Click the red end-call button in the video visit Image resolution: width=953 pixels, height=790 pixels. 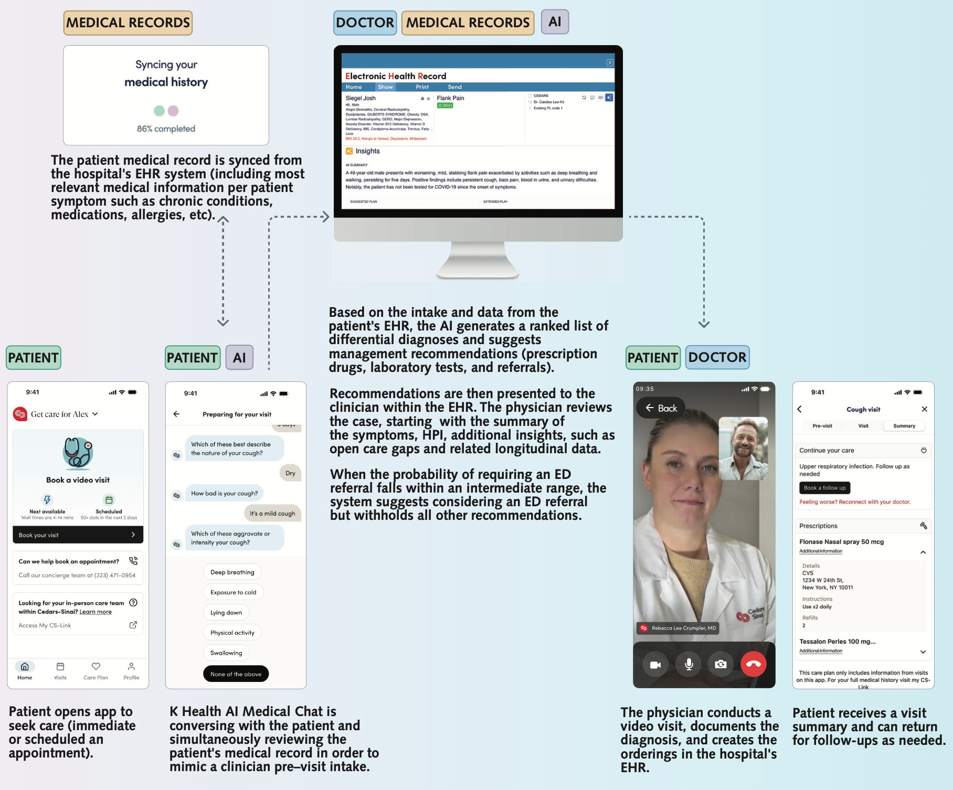click(x=753, y=664)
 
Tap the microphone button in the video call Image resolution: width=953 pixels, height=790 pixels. click(x=689, y=664)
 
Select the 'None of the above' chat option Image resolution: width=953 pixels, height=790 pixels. click(x=236, y=674)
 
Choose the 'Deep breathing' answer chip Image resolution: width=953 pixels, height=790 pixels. click(x=232, y=572)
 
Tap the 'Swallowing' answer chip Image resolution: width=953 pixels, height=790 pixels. click(x=226, y=653)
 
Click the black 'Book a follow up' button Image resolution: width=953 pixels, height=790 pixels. click(x=824, y=488)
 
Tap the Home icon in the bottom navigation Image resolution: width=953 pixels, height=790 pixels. click(x=25, y=667)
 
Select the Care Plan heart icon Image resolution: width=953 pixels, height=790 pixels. click(x=96, y=667)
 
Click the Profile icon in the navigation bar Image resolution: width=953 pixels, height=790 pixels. click(x=131, y=667)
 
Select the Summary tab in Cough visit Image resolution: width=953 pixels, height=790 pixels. click(x=904, y=426)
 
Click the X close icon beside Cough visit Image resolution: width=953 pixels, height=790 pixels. click(x=924, y=409)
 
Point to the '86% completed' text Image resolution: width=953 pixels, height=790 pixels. click(x=166, y=129)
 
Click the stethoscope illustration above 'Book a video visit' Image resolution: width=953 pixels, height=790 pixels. click(x=78, y=452)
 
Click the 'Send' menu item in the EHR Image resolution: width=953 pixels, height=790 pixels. click(x=454, y=87)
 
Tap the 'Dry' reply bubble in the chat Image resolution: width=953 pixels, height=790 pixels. click(x=290, y=473)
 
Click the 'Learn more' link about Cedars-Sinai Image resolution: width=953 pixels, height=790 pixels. click(x=96, y=612)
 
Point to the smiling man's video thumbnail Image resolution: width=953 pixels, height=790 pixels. click(x=743, y=449)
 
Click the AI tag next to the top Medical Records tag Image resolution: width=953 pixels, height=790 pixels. click(x=555, y=22)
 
